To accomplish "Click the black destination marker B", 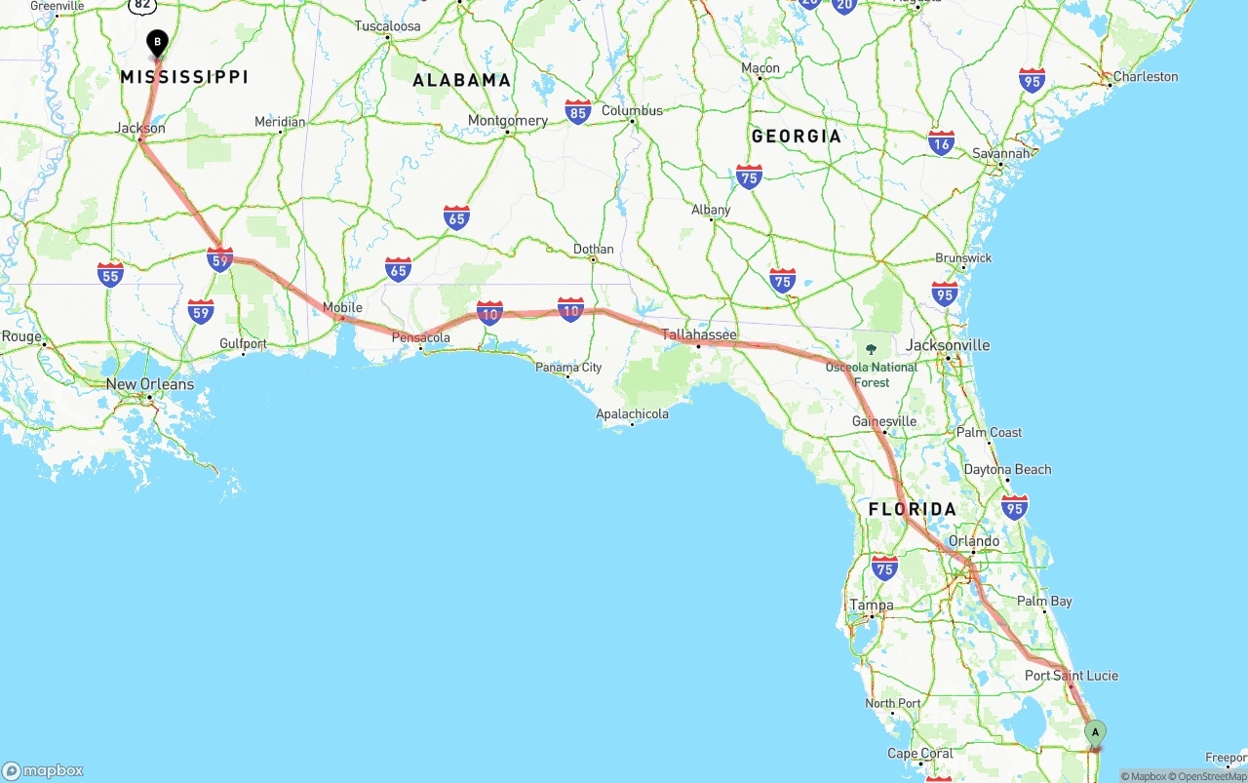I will [x=157, y=43].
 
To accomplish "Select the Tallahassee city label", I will [x=699, y=334].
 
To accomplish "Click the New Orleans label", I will [x=149, y=384].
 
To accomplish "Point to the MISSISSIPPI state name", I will [x=184, y=76].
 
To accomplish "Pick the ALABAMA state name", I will [x=462, y=80].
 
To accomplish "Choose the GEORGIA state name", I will [x=796, y=136].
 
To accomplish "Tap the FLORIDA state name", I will [x=913, y=509].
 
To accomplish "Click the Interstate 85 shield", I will [x=578, y=111].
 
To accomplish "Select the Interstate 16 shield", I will [x=941, y=142].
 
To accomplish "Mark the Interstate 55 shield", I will [x=110, y=274].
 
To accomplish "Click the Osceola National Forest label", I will [x=872, y=374].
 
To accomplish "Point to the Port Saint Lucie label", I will [x=1071, y=676].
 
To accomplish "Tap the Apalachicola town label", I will [x=632, y=414].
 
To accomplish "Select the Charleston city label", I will [x=1146, y=76].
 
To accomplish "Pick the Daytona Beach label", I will [x=1007, y=469].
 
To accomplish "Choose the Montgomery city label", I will [x=507, y=121].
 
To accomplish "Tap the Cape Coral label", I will [x=920, y=753].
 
